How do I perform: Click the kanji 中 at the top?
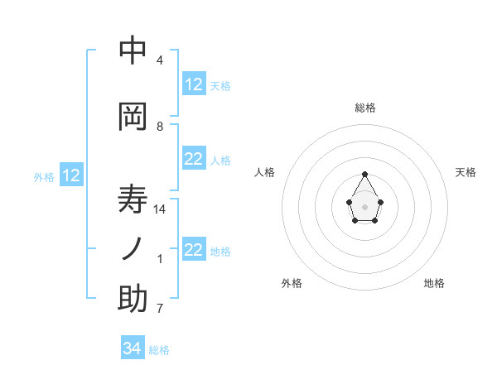click(x=133, y=51)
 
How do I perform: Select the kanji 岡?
click(x=133, y=118)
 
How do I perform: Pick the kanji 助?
click(x=133, y=300)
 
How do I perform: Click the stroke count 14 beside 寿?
click(x=160, y=209)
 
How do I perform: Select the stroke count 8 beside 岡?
click(x=160, y=127)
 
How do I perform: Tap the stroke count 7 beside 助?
click(x=160, y=309)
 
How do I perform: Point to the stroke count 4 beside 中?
click(x=160, y=60)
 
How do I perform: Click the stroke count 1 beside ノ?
click(x=160, y=259)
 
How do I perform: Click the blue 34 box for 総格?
click(x=133, y=348)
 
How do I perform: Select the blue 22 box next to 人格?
click(x=194, y=160)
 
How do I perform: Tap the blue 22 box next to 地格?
click(x=194, y=250)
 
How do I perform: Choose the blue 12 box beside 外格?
click(x=70, y=175)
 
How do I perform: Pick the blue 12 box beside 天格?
click(x=194, y=84)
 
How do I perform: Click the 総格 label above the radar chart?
click(x=365, y=108)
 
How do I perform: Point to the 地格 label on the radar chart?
click(x=434, y=283)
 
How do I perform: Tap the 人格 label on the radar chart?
click(x=264, y=172)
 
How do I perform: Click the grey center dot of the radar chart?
click(x=364, y=206)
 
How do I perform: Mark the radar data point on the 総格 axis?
click(x=364, y=174)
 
